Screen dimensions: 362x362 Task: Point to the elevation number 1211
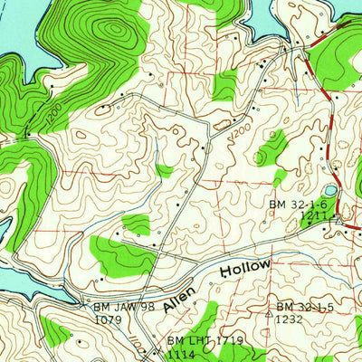point(313,217)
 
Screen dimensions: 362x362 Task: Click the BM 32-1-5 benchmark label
point(307,307)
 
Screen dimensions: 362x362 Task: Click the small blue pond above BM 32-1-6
point(329,191)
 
